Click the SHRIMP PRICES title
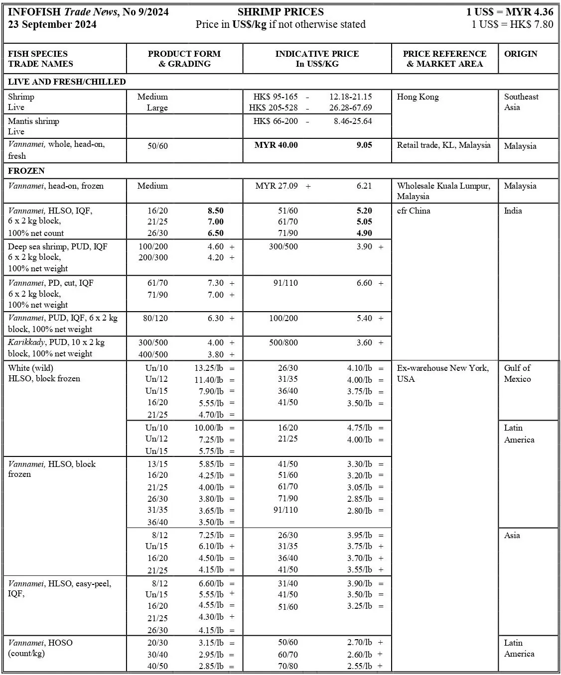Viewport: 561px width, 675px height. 280,12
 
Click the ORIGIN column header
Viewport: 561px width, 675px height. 521,54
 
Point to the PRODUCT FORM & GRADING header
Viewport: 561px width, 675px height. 184,59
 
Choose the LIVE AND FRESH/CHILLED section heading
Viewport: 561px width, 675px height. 67,82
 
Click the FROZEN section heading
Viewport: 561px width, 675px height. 26,171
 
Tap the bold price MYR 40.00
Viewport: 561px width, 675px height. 276,145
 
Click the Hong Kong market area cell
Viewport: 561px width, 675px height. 418,97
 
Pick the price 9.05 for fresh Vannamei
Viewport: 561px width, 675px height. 364,145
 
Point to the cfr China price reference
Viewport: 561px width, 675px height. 414,211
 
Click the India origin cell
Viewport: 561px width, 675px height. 513,211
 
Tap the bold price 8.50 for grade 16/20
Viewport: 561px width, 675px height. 216,211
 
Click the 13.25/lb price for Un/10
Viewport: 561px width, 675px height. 209,368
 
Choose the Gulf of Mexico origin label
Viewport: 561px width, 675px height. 517,373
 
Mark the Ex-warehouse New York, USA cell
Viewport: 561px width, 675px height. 442,373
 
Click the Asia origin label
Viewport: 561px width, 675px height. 512,535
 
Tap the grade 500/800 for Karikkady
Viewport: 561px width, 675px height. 283,342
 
